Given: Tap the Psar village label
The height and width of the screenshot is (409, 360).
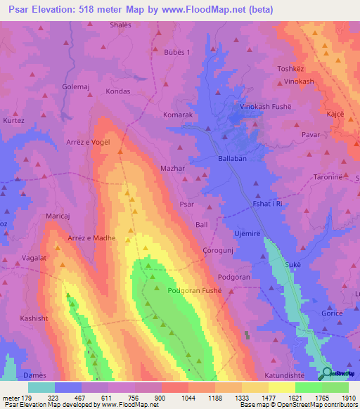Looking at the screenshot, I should pos(186,204).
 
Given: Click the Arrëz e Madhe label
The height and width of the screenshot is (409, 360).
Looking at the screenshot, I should pos(91,238).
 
